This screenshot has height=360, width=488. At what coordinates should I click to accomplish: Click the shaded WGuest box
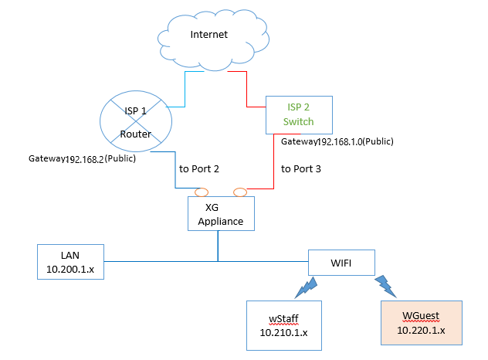pyautogui.click(x=422, y=323)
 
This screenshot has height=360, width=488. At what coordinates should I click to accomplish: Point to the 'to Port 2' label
pyautogui.click(x=199, y=168)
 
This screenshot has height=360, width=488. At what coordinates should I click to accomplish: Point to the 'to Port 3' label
pyautogui.click(x=300, y=168)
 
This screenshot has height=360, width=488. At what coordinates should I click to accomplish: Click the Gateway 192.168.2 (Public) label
pyautogui.click(x=82, y=159)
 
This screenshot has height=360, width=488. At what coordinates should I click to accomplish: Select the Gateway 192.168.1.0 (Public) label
pyautogui.click(x=337, y=141)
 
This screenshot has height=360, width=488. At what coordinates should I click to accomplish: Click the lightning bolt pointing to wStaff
pyautogui.click(x=307, y=287)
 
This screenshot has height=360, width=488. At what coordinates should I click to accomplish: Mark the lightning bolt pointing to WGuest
pyautogui.click(x=385, y=287)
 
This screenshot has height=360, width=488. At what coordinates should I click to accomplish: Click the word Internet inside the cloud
pyautogui.click(x=208, y=34)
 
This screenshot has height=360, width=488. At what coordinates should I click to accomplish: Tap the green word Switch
pyautogui.click(x=298, y=121)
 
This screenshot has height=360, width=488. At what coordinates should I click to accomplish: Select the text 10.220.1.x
pyautogui.click(x=421, y=330)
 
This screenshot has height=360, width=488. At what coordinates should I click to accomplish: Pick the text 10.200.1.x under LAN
pyautogui.click(x=70, y=269)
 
